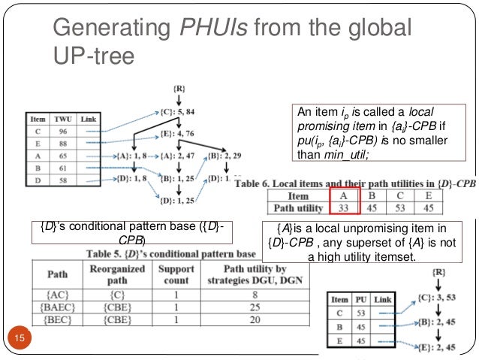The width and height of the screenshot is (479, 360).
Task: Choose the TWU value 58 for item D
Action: (x=62, y=180)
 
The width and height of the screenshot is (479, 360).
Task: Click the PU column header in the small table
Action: (x=360, y=300)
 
